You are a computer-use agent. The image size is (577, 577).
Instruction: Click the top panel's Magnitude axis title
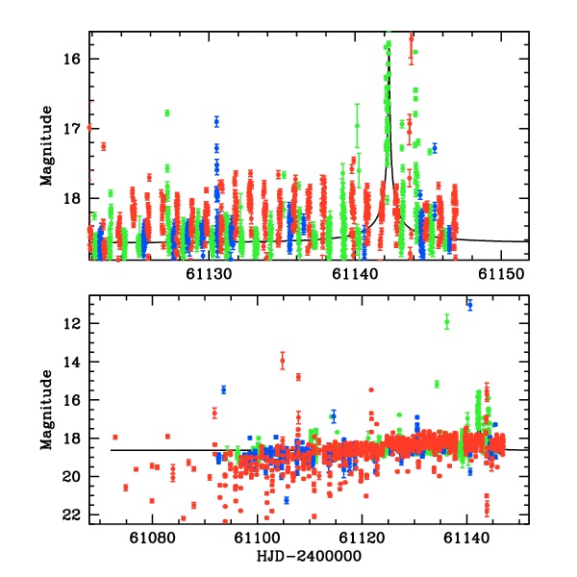point(45,145)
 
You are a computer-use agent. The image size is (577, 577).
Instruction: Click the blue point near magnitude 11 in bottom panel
point(470,305)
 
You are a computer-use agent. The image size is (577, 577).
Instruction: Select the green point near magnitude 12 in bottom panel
point(447,322)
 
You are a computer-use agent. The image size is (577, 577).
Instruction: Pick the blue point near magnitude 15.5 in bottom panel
point(223,389)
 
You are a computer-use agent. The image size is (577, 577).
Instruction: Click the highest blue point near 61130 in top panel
point(217,121)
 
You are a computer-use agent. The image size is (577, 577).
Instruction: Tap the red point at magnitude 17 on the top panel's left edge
point(89,127)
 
